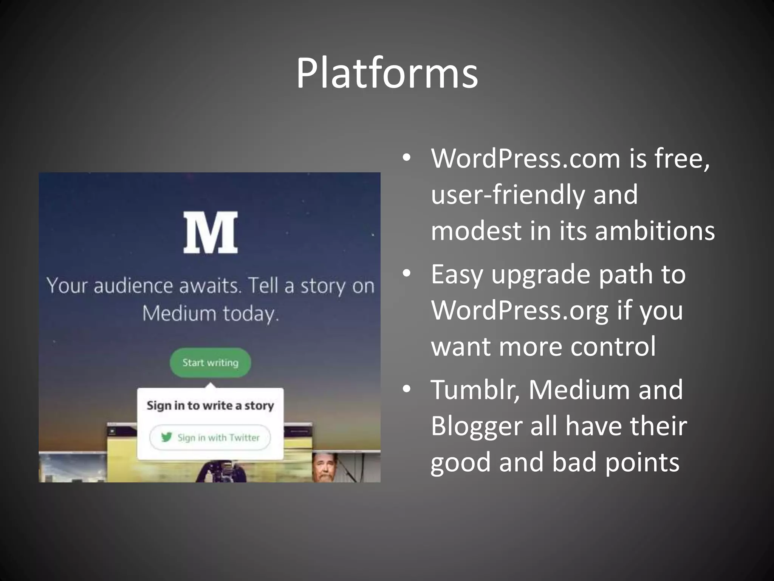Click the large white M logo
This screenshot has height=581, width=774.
click(211, 232)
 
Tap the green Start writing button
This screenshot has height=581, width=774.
click(210, 362)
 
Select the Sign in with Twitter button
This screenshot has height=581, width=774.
click(210, 438)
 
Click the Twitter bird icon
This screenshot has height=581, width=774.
click(166, 437)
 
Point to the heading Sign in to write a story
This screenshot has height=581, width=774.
click(210, 405)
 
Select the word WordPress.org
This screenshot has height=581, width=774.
click(520, 311)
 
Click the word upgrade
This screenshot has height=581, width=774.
click(541, 275)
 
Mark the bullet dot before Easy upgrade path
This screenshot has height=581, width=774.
click(406, 273)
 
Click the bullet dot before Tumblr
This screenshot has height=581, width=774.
click(406, 389)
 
